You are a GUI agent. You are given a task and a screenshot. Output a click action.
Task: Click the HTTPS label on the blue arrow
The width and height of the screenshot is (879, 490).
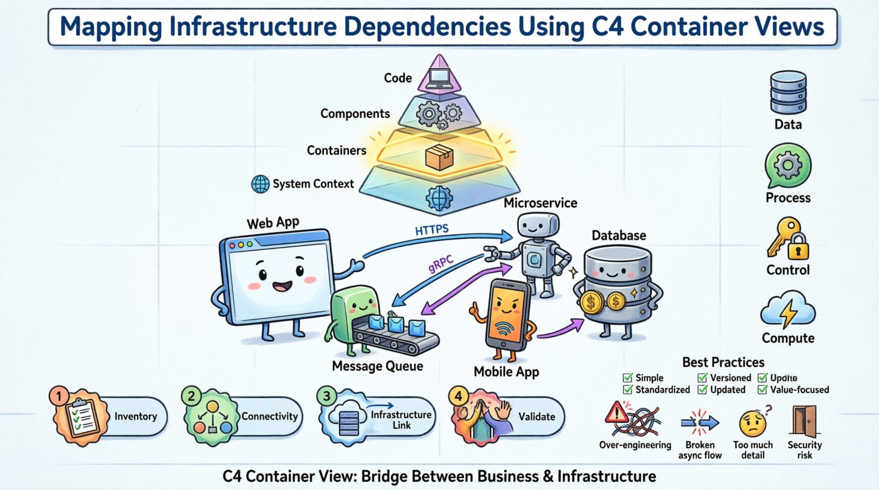pos(432,230)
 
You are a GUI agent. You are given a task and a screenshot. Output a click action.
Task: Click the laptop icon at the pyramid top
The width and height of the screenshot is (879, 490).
pos(439,78)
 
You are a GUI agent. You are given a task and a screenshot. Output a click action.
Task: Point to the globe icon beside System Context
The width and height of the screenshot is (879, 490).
pos(260,184)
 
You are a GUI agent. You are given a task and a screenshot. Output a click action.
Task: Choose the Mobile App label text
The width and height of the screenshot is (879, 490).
pos(506,372)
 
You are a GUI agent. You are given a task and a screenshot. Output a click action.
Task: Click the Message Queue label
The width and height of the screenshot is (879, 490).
pos(377,366)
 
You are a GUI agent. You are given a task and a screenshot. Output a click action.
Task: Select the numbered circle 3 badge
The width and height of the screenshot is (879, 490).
pos(327,396)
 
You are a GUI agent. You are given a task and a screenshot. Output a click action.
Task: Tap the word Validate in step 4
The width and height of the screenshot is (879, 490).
pos(536,417)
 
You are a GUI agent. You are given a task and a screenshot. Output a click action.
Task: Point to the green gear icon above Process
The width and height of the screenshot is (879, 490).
pos(788,166)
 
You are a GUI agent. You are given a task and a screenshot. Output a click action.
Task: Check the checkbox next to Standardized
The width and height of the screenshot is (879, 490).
pos(628,390)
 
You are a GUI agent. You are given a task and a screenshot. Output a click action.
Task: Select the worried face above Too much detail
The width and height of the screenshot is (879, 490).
pos(752,423)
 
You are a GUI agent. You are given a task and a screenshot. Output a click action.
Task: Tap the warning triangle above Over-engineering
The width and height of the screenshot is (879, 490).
pos(616,412)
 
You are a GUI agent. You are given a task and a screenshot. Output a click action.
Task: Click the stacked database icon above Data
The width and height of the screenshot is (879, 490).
pos(788,92)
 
